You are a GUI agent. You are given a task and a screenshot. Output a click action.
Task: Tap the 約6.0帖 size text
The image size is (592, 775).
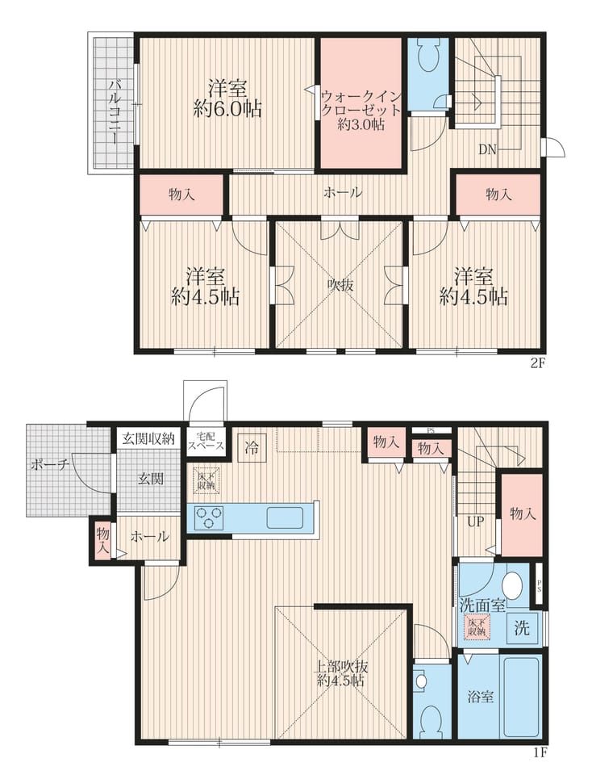click(227, 109)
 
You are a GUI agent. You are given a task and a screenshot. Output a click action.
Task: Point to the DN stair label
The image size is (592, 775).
click(487, 150)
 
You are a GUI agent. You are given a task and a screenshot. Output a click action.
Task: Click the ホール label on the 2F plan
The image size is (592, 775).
click(343, 192)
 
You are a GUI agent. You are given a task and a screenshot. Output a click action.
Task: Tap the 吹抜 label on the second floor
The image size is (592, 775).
click(340, 285)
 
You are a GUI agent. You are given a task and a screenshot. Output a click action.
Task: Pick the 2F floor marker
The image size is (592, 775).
click(537, 364)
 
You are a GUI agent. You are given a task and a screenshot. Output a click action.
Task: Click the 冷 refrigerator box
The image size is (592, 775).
click(252, 448)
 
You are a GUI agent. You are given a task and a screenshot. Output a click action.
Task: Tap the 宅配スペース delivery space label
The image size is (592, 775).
click(206, 442)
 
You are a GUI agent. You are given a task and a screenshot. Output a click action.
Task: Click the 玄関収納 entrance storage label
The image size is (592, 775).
click(148, 438)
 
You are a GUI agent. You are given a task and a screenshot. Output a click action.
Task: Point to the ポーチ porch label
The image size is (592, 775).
click(49, 465)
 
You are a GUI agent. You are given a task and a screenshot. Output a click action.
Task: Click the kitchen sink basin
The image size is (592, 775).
click(286, 517)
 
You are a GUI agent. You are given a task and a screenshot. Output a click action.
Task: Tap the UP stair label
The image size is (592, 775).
click(475, 522)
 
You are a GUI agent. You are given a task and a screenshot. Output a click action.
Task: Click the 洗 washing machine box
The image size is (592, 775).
click(523, 628)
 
